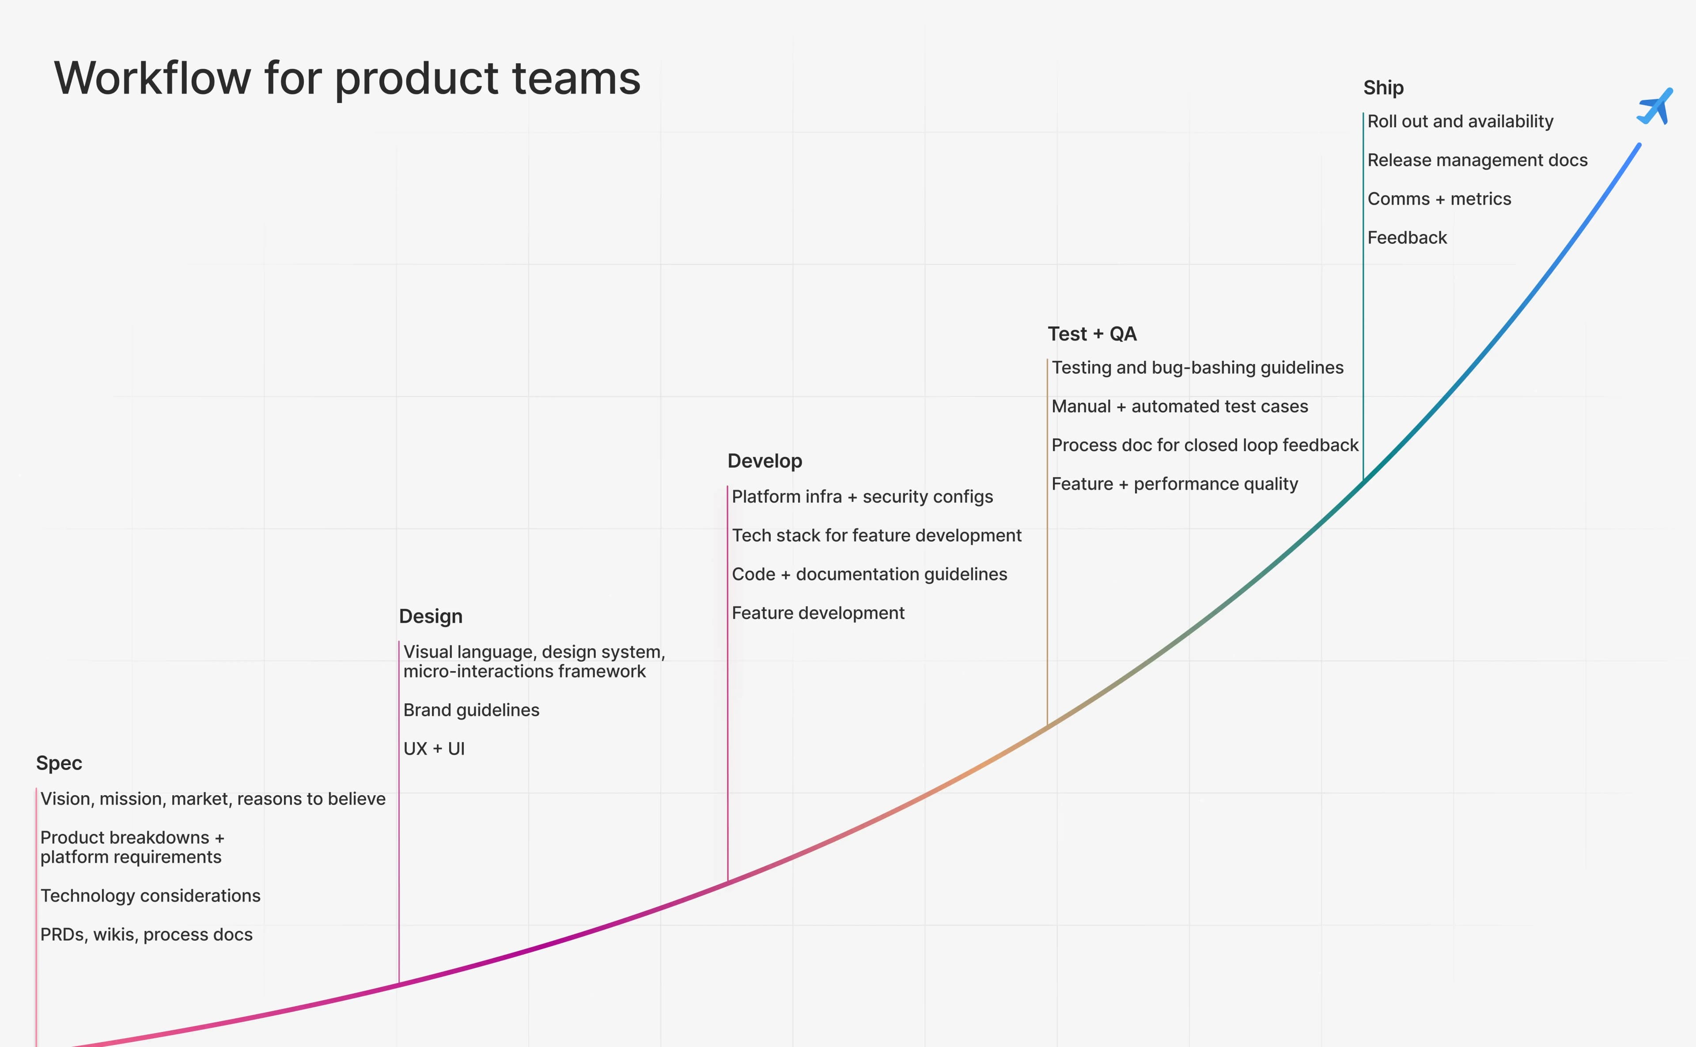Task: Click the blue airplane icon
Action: (x=1655, y=107)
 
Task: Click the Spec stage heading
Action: (x=59, y=763)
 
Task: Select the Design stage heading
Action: (x=431, y=616)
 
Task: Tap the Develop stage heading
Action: (x=764, y=461)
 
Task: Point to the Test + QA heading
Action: (x=1092, y=334)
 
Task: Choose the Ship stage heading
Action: (x=1383, y=88)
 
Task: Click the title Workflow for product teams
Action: (x=348, y=78)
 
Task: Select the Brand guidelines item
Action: (x=471, y=710)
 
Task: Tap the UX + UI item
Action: (x=434, y=748)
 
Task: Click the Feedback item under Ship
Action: (x=1407, y=238)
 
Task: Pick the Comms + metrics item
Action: (x=1439, y=199)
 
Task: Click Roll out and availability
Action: (x=1460, y=121)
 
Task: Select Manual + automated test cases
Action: (x=1180, y=406)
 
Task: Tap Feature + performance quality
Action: (x=1174, y=484)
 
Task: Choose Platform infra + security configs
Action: (x=862, y=497)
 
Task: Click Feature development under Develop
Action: (x=818, y=613)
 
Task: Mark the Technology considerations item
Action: (x=150, y=895)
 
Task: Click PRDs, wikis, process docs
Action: (x=146, y=934)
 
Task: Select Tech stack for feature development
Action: (x=876, y=535)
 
